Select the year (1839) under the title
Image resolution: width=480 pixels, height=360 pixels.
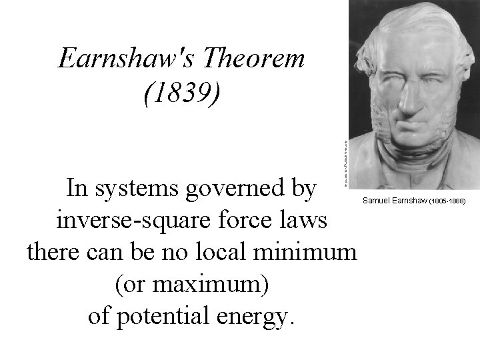pyautogui.click(x=181, y=94)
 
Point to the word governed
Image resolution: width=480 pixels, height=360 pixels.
pyautogui.click(x=253, y=189)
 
